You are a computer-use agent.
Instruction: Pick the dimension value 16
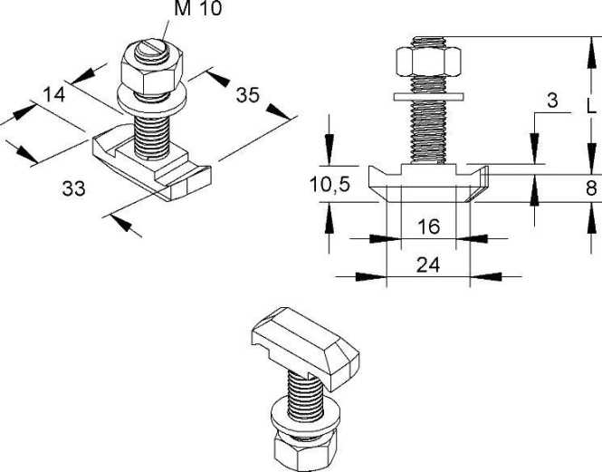[428, 226]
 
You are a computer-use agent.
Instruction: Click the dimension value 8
[590, 188]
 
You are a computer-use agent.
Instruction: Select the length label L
[590, 106]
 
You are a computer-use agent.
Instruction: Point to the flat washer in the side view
[428, 94]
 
